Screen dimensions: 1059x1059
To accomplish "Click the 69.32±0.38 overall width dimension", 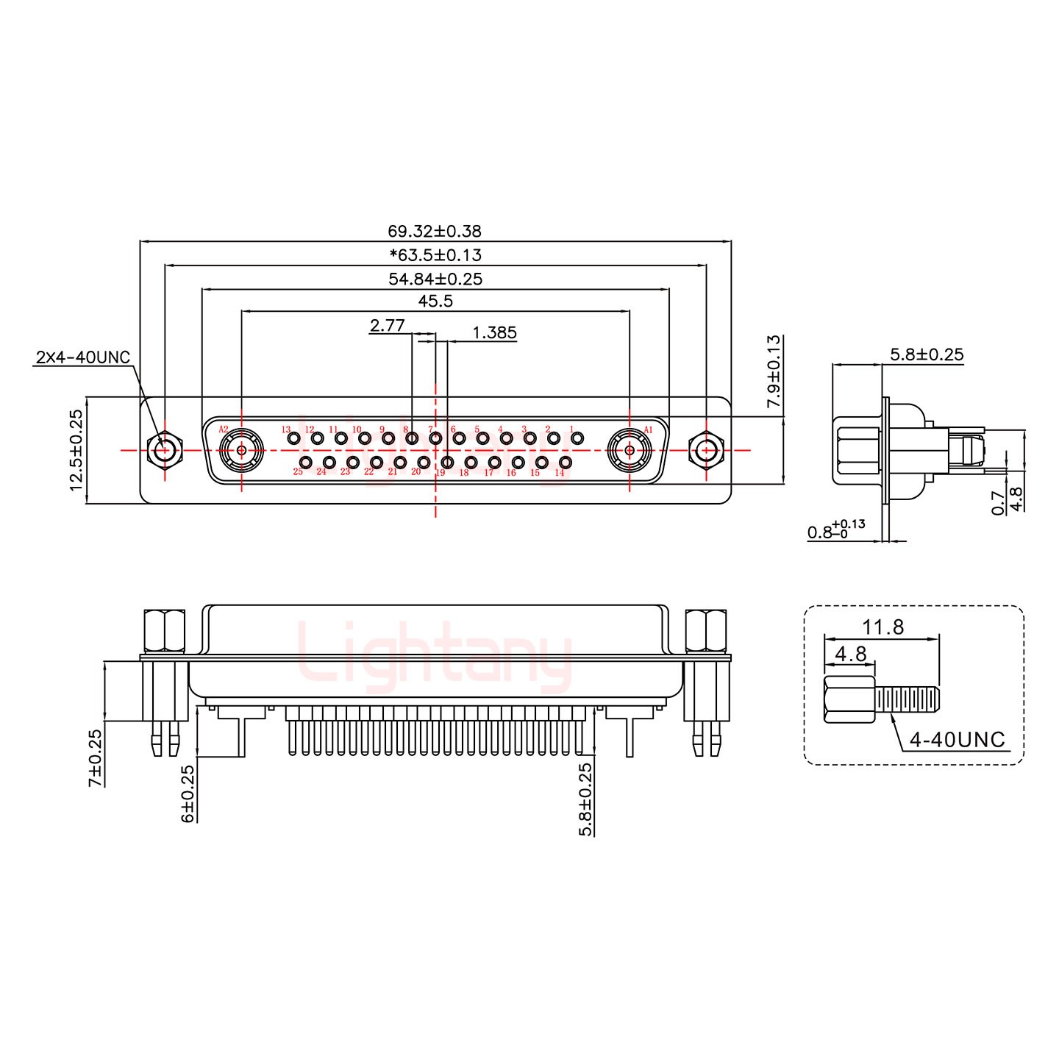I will pos(435,231).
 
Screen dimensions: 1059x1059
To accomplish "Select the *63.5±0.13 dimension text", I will pos(435,255).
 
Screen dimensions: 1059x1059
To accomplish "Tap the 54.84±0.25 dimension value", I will pos(435,279).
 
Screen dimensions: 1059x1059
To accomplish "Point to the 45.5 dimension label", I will pos(435,302).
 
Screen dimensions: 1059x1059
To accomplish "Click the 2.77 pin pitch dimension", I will pos(387,325).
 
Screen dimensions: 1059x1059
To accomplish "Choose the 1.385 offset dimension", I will pos(494,333).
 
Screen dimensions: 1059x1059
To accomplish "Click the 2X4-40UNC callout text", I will pos(82,358).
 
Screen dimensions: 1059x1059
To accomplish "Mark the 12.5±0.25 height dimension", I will pos(76,450).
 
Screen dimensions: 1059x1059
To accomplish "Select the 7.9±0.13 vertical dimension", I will pos(774,371).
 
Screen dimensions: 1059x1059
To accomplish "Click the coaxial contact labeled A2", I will pos(241,449).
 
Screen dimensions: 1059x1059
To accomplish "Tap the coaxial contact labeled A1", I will pos(630,449).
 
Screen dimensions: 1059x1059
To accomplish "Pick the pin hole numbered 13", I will pos(294,439).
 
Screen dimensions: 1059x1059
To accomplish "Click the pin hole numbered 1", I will pos(577,438).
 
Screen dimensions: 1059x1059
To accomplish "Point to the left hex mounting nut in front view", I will pos(164,449).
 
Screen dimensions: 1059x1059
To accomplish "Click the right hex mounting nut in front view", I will pos(707,449).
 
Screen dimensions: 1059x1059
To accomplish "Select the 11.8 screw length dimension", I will pos(883,627).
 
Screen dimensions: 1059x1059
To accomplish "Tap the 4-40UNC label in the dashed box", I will pos(957,740).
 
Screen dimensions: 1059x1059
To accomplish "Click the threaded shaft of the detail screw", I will pos(908,700).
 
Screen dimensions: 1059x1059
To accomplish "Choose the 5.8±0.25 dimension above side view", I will pos(926,354).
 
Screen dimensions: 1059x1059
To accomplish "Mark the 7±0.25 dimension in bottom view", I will pos(95,757).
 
